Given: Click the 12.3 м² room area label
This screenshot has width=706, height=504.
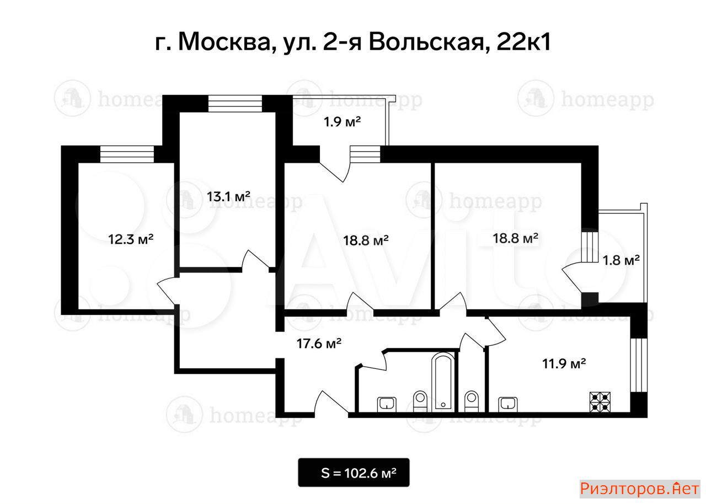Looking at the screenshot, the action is (131, 240).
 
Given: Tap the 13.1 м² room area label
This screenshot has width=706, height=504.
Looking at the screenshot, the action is (228, 197).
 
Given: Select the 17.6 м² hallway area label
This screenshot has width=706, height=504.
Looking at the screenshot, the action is (319, 344).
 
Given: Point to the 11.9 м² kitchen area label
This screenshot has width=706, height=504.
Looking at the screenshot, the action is (564, 364).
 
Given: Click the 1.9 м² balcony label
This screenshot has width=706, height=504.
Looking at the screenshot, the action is (343, 122).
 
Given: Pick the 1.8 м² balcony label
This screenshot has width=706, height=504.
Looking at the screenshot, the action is (621, 260).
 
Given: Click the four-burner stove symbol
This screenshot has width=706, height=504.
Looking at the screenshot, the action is (600, 402).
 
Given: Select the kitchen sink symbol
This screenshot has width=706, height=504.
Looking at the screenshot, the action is (508, 404).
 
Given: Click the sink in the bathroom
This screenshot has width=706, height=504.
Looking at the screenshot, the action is (387, 404).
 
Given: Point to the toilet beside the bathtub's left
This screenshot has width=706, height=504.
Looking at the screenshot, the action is (420, 401).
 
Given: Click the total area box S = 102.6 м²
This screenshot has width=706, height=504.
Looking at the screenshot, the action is (354, 473).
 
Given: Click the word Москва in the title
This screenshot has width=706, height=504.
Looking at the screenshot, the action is (224, 42).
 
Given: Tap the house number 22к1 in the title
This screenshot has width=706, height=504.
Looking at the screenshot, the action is (523, 42).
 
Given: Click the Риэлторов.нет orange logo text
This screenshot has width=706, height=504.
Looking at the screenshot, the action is (639, 489).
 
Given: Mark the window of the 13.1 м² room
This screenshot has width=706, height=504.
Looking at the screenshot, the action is (235, 104).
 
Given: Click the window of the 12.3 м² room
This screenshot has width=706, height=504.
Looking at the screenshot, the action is (127, 154).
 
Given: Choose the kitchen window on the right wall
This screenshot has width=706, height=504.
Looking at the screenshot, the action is (639, 365).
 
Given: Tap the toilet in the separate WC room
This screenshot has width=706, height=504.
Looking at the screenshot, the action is (472, 401).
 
